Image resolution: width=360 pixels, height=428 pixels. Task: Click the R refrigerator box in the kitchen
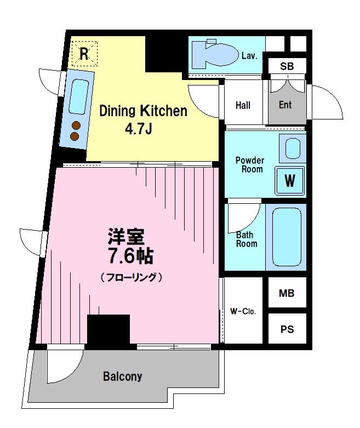click(x=84, y=54)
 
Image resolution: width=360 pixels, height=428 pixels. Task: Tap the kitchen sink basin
click(x=80, y=96)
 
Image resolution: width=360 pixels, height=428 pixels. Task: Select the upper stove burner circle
click(x=76, y=124)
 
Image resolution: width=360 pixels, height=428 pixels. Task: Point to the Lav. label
click(x=249, y=56)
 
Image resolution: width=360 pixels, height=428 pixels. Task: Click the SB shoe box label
click(x=287, y=67)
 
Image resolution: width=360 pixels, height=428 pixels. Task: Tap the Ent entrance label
click(x=285, y=105)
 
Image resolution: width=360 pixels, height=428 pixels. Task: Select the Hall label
click(x=243, y=105)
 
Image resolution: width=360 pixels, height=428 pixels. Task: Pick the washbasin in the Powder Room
click(x=292, y=148)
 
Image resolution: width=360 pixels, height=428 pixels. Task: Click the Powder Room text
click(x=249, y=164)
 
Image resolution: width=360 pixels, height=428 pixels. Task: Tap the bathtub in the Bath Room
click(x=287, y=236)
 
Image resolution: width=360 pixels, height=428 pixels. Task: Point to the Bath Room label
click(x=246, y=239)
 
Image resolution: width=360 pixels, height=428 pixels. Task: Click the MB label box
click(x=287, y=293)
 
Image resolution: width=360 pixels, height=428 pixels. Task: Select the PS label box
click(x=287, y=329)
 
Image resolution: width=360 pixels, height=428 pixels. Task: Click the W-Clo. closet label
click(x=243, y=312)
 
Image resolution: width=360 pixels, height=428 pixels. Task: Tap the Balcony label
click(x=123, y=376)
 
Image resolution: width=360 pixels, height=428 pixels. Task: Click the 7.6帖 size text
click(x=130, y=255)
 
